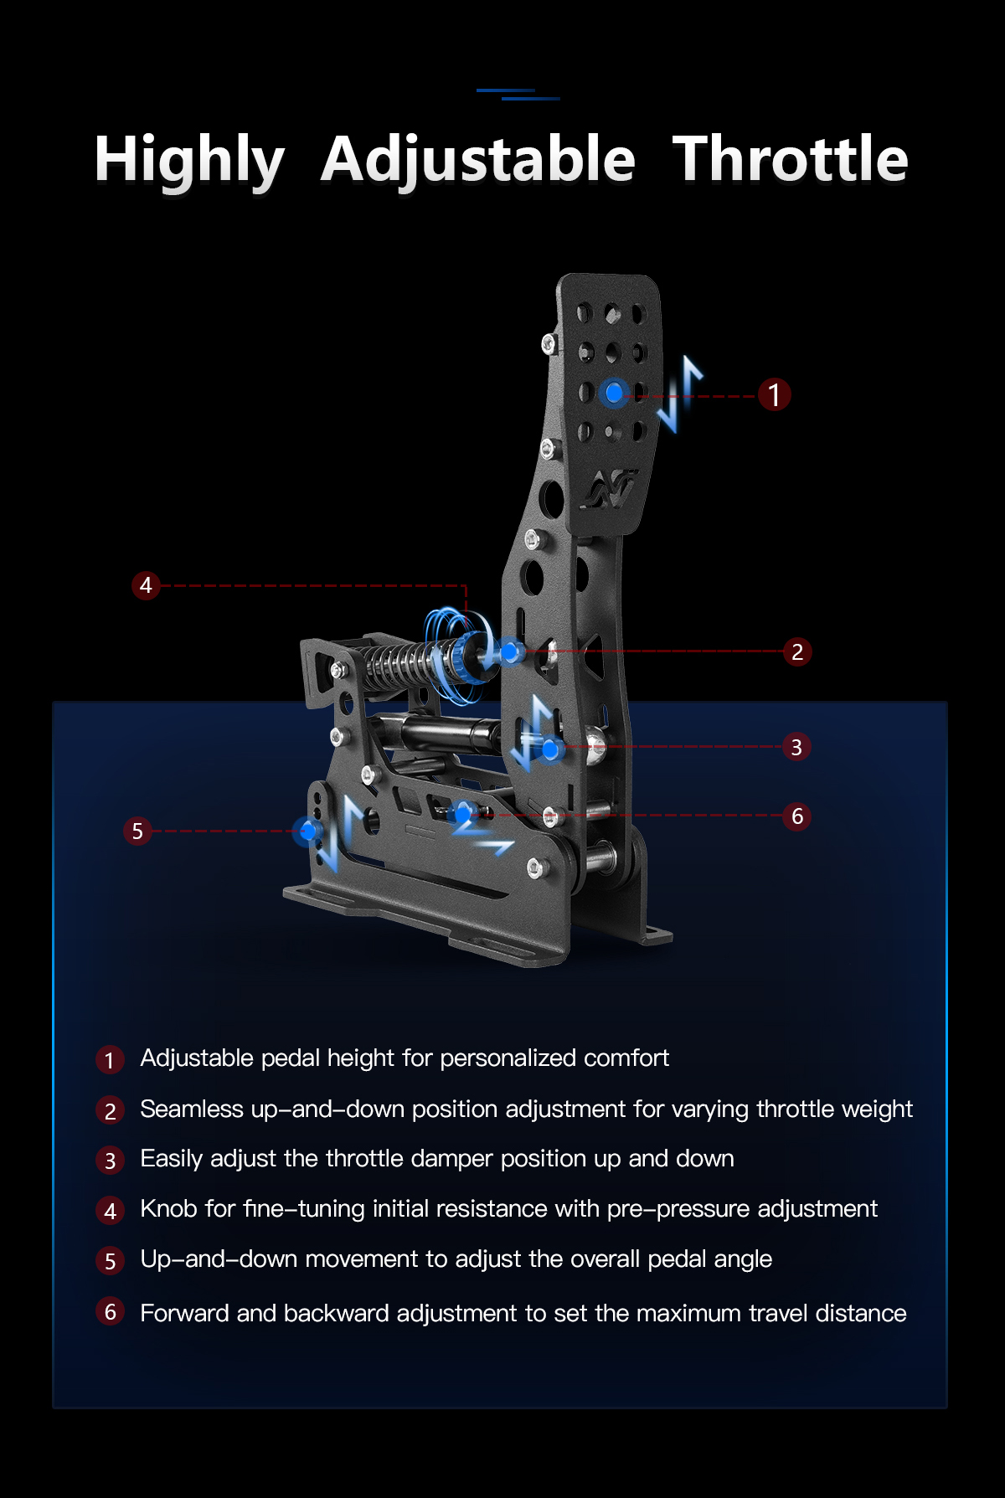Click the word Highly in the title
point(190,161)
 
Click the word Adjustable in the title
point(478,159)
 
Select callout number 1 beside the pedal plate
point(775,394)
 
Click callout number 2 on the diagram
point(797,651)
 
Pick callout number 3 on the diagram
point(796,747)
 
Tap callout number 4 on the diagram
point(146,584)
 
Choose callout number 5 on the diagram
point(137,831)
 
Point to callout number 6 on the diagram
point(797,816)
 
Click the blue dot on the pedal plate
point(615,392)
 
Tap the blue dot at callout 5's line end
point(308,831)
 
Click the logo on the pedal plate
point(611,489)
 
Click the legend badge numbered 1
point(110,1060)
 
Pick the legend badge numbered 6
point(110,1311)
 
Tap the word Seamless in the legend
point(192,1109)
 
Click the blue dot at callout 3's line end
point(550,749)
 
